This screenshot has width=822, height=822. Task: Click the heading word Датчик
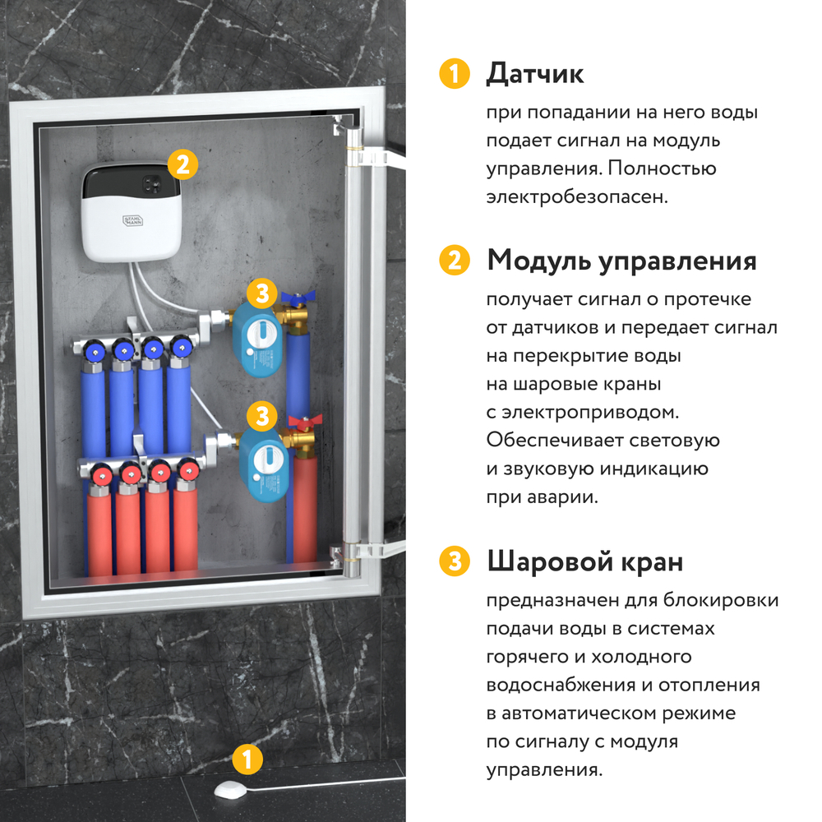click(x=534, y=74)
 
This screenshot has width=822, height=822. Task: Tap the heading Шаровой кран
click(x=584, y=562)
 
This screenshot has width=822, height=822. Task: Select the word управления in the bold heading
click(x=677, y=261)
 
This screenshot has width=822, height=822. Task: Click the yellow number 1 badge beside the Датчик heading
click(x=453, y=74)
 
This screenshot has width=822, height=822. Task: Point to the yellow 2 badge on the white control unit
click(x=182, y=164)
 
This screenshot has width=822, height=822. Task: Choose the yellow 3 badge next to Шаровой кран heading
click(x=453, y=562)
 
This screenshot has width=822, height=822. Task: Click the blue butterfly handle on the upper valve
click(x=293, y=298)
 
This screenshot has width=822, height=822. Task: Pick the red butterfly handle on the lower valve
click(x=303, y=422)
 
